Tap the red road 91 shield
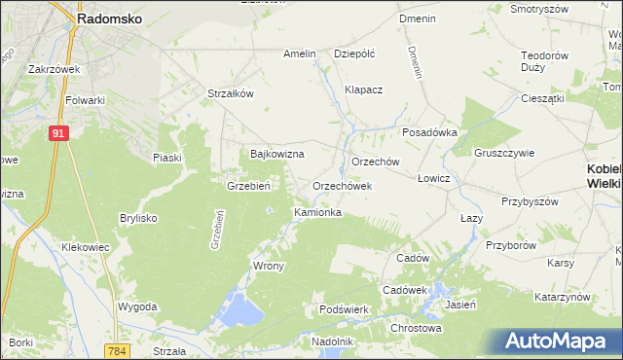58,133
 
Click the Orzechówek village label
343,186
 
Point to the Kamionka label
317,211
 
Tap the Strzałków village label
231,93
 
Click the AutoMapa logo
562,342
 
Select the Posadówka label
429,133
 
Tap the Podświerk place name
343,309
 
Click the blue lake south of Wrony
241,311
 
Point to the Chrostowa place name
416,328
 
